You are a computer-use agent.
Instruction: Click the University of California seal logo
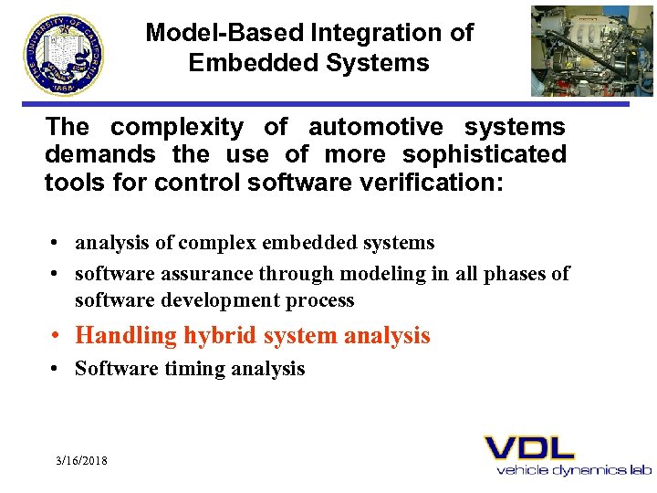pyautogui.click(x=64, y=53)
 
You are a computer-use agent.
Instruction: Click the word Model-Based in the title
pyautogui.click(x=224, y=33)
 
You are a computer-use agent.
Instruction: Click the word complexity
pyautogui.click(x=177, y=128)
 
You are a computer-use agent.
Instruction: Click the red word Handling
pyautogui.click(x=126, y=336)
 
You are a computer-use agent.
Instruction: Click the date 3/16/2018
pyautogui.click(x=81, y=461)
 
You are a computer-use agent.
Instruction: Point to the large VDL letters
pyautogui.click(x=529, y=447)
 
